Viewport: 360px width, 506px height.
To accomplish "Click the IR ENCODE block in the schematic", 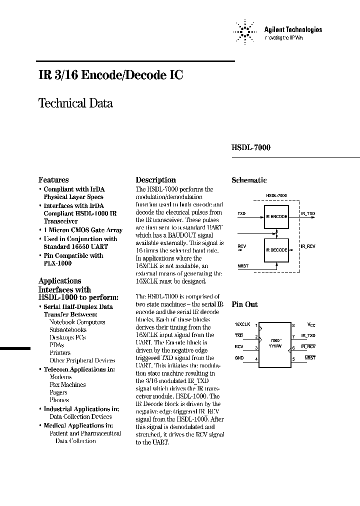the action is click(276, 216).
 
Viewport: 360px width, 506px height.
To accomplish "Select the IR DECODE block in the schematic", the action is click(276, 249).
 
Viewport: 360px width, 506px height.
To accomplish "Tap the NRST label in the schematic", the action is click(242, 266).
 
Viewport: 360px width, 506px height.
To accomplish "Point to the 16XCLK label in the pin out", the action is click(242, 324).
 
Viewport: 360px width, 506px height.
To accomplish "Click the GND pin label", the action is click(239, 358).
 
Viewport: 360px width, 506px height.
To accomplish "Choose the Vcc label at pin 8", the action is click(311, 324).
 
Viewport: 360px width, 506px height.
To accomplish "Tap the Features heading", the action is click(53, 180).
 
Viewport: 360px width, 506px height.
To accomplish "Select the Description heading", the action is click(156, 180).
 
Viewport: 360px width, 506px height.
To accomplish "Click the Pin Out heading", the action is click(244, 304).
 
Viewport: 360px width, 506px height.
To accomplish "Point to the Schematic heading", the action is click(249, 180).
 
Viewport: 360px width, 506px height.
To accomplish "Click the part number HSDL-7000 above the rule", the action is click(251, 148).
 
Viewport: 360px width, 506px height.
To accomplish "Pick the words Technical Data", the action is click(75, 103).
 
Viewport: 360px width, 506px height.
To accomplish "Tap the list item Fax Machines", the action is click(67, 384).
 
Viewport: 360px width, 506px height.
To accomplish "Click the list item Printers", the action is click(60, 352).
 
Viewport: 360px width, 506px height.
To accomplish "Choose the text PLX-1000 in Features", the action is click(57, 263).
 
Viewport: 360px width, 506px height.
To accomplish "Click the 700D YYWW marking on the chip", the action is click(274, 342).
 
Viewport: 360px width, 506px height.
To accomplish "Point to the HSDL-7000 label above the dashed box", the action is click(276, 195).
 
